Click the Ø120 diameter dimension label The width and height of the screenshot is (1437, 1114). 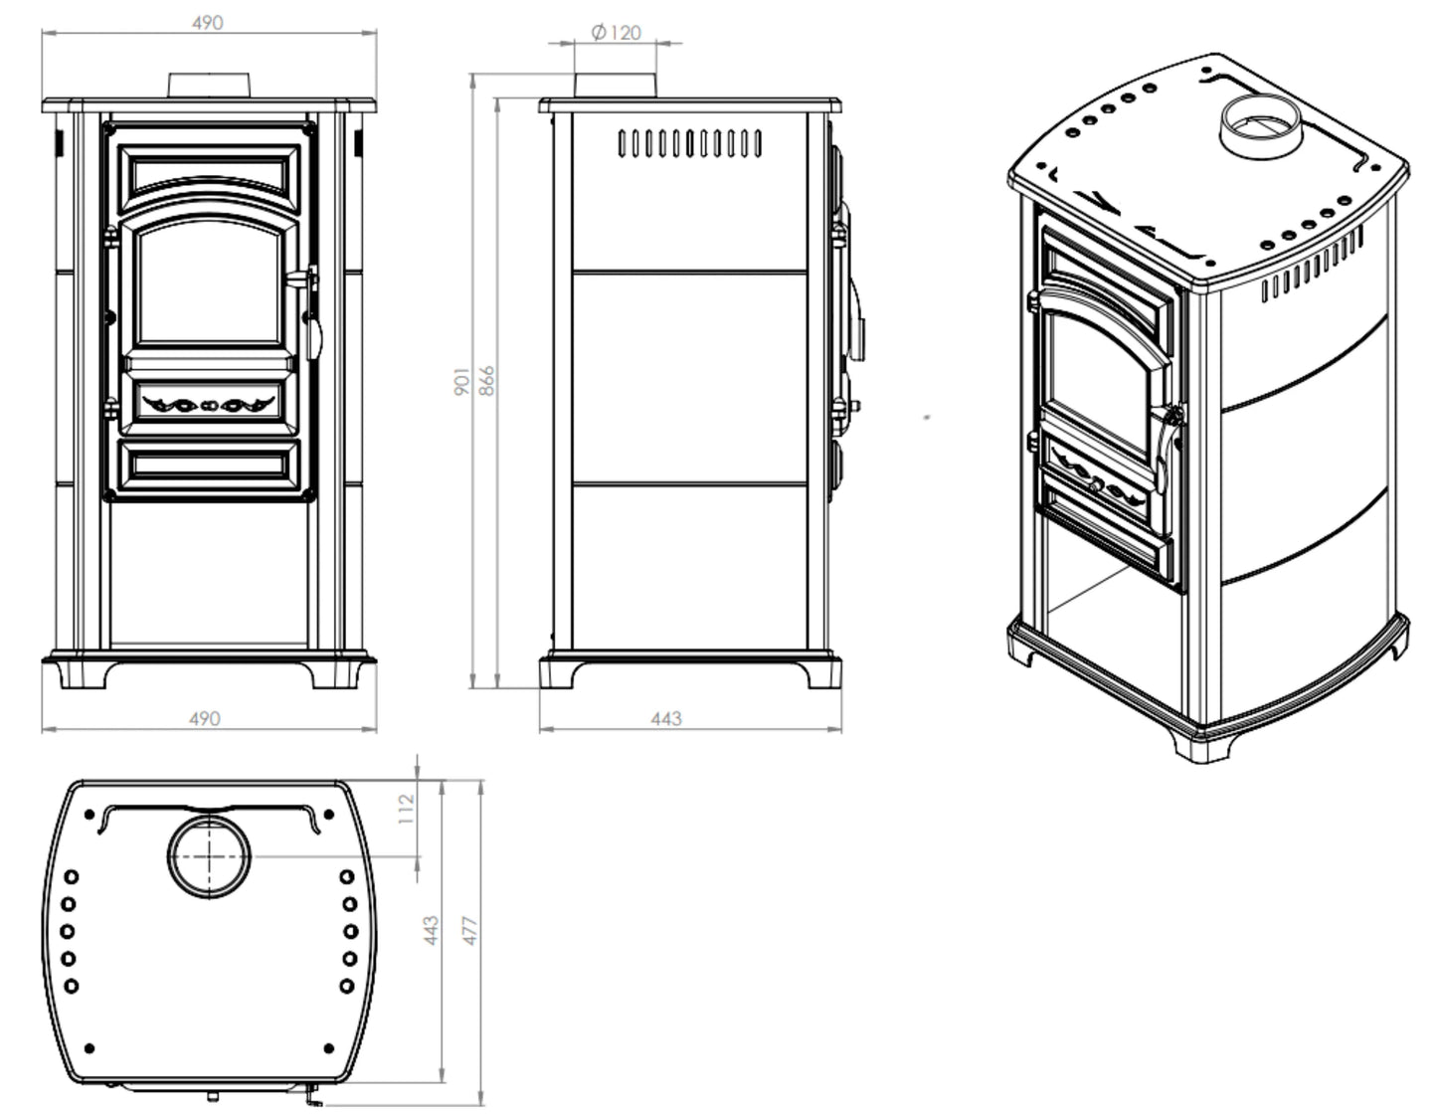617,33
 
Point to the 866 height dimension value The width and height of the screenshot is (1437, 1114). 487,382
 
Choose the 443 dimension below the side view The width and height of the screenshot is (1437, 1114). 665,718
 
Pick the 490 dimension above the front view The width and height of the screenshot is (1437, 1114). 207,22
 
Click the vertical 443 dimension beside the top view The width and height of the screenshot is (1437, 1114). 431,931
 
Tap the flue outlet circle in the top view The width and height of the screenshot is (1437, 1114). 210,856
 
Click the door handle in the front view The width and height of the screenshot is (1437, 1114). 313,313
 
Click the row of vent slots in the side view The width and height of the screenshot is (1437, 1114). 690,143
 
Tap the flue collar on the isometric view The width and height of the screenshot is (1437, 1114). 1259,126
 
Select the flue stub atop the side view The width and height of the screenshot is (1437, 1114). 615,86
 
